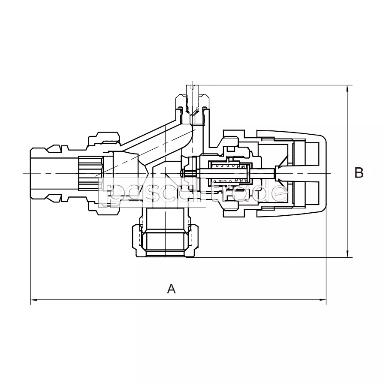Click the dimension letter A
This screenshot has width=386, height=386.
(x=171, y=289)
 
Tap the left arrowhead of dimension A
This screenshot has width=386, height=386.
(x=34, y=300)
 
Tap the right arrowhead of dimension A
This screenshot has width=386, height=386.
(x=323, y=300)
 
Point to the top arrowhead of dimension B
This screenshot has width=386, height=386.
(x=347, y=89)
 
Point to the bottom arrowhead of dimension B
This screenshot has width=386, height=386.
(x=347, y=254)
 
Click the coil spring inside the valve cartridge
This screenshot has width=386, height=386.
(x=230, y=173)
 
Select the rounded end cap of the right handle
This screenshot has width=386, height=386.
(x=321, y=174)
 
